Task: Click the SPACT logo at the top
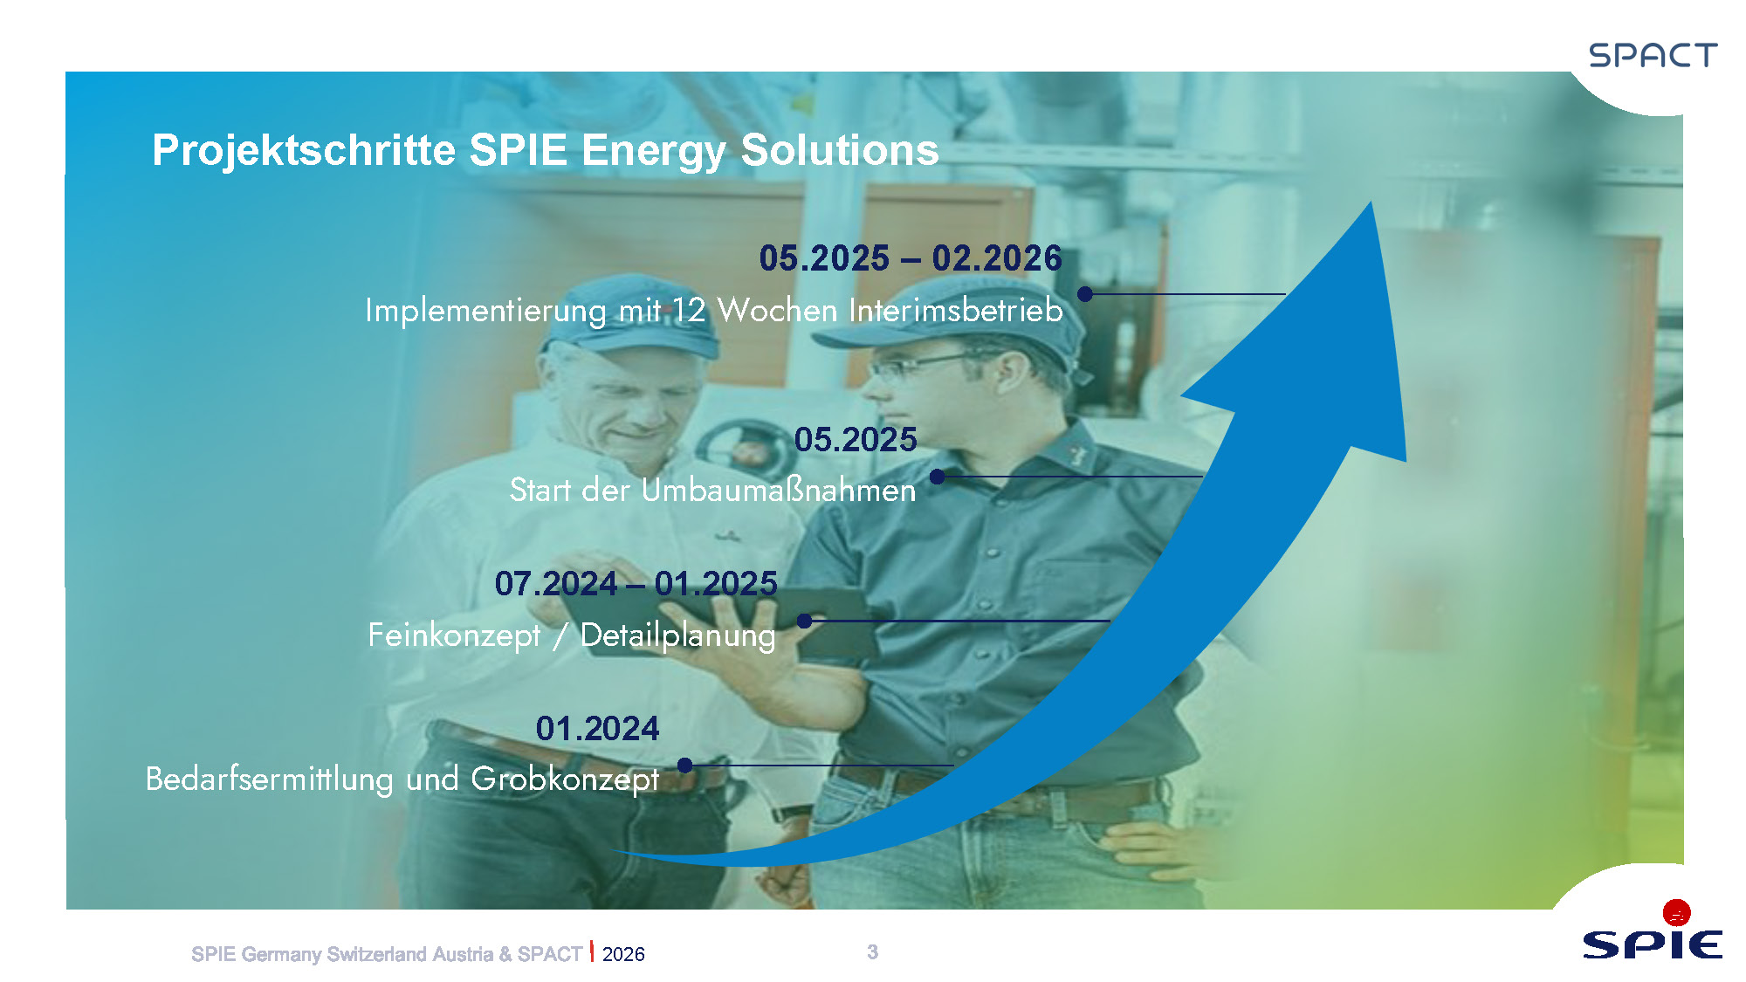(1653, 55)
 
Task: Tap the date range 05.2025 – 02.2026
(911, 258)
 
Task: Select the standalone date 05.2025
(856, 439)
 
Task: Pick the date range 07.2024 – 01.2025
(636, 583)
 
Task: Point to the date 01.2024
(597, 728)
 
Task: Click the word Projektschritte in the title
(304, 150)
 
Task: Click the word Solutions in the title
(840, 149)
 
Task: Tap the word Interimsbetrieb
(956, 310)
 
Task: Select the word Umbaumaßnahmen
(779, 490)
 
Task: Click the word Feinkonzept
(454, 635)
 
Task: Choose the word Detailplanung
(677, 635)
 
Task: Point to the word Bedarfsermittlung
(270, 779)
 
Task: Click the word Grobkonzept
(565, 779)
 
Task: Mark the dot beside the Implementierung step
(1085, 294)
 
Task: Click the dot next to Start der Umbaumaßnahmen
(937, 477)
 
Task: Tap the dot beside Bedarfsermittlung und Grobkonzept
(685, 766)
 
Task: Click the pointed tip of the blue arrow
(1371, 203)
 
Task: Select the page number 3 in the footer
(872, 952)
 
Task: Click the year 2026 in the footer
(623, 954)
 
